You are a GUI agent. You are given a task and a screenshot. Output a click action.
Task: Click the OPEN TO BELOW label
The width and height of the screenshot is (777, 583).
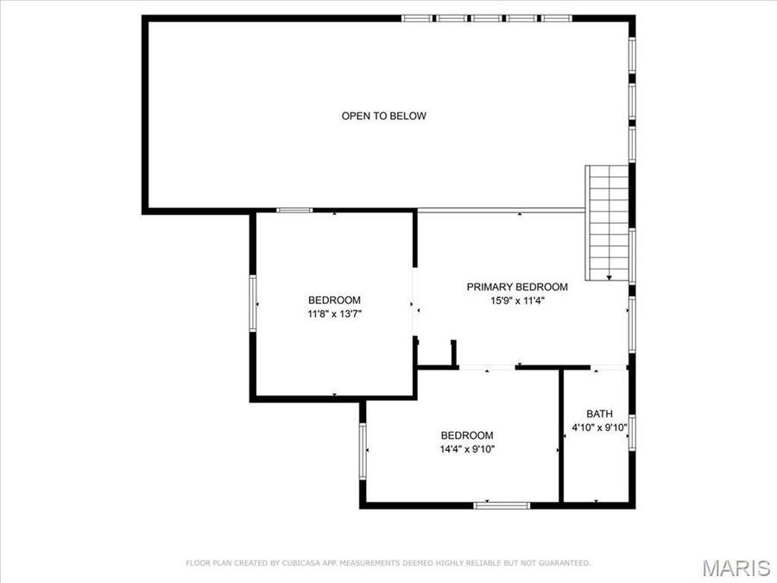[x=383, y=116]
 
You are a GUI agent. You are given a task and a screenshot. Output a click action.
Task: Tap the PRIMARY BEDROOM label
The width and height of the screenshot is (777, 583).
[x=517, y=287]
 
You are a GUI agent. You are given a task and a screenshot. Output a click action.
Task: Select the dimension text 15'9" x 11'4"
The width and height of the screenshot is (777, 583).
[x=517, y=301]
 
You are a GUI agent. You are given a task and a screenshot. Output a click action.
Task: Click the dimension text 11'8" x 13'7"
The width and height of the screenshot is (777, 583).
[x=334, y=314]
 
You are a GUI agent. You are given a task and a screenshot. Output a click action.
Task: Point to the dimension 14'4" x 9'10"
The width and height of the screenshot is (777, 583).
[x=467, y=449]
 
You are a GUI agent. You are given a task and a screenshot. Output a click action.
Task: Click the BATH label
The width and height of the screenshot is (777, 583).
[x=599, y=413]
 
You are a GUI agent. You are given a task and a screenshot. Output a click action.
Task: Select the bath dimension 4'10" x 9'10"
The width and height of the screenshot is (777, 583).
[x=599, y=428]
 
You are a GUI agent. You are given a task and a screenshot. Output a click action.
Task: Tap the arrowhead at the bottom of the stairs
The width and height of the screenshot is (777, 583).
[x=609, y=276]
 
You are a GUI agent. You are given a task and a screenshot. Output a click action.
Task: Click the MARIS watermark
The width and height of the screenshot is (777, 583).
[x=736, y=567]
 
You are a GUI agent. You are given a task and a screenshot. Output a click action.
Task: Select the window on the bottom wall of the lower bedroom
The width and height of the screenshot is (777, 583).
[x=502, y=504]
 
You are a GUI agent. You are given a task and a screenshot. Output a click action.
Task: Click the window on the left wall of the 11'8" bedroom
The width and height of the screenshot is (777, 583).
[x=252, y=302]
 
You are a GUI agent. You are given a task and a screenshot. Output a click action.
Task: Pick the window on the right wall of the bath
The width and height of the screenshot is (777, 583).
[x=632, y=431]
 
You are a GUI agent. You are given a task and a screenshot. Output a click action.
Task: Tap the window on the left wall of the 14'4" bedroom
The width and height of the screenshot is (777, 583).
[x=363, y=450]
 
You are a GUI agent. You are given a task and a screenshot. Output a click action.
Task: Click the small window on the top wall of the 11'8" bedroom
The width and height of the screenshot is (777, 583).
[x=294, y=210]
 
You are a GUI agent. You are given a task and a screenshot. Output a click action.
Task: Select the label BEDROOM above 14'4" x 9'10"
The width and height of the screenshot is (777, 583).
[x=467, y=435]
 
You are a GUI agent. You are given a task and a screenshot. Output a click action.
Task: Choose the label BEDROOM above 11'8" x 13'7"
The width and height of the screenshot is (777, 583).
[x=334, y=301]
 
